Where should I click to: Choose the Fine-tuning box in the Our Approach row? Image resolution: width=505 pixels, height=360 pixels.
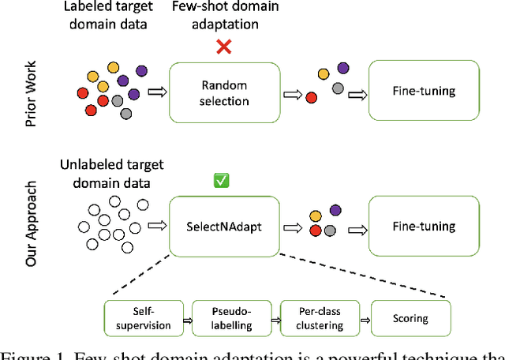tap(423, 227)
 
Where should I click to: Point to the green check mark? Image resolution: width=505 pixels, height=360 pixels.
tap(222, 181)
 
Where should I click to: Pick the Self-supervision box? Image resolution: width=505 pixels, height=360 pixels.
tap(143, 317)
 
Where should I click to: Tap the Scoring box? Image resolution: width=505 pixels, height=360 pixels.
tap(410, 318)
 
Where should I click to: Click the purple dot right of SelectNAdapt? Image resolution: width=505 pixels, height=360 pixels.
tap(335, 210)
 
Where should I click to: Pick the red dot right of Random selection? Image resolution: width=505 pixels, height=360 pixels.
tap(311, 97)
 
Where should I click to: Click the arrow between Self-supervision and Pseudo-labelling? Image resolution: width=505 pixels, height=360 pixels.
tap(187, 319)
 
